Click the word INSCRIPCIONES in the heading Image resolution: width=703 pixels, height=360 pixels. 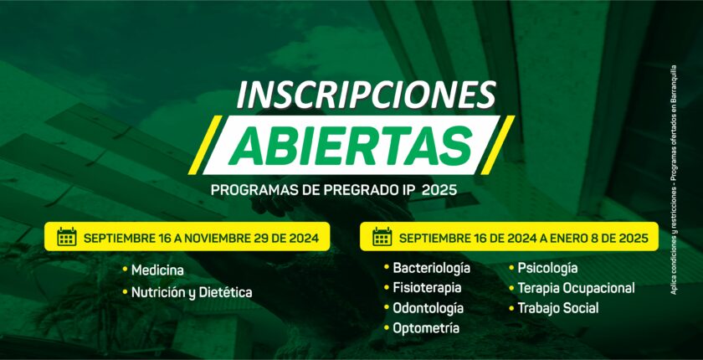click(367, 95)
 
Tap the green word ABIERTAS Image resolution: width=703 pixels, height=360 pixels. click(351, 145)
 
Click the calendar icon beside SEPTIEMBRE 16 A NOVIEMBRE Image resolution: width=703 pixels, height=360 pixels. click(67, 237)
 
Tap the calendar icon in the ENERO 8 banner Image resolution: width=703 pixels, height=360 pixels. click(382, 237)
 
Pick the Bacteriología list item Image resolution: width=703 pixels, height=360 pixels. click(431, 269)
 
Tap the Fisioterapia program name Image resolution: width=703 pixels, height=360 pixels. click(427, 287)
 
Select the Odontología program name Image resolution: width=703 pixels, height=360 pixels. click(428, 308)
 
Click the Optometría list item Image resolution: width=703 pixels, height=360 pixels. click(426, 328)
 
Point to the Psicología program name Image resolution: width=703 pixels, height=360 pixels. click(547, 269)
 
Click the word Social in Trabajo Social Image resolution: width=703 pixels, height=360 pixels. click(582, 308)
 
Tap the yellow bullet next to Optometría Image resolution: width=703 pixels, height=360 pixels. click(387, 328)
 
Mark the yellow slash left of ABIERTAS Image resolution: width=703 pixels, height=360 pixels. click(205, 145)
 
